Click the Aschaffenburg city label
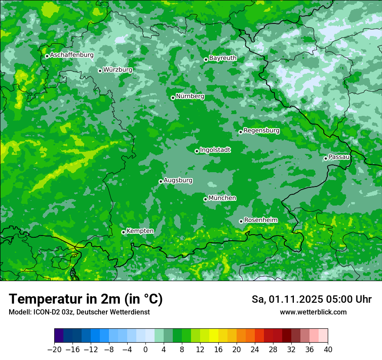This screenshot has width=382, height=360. [x=72, y=55]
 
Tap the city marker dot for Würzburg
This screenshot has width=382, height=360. [x=100, y=71]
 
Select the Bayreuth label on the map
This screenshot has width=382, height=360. [x=223, y=58]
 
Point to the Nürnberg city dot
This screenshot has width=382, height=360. [x=173, y=98]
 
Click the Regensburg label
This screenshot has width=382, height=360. [x=261, y=130]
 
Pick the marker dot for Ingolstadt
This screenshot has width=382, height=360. [x=197, y=151]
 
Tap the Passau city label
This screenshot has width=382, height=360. [x=339, y=157]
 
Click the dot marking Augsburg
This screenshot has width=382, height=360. [x=161, y=181]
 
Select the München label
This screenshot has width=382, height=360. [x=222, y=198]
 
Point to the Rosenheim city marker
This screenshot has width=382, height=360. [x=241, y=221]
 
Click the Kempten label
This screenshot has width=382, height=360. [x=140, y=231]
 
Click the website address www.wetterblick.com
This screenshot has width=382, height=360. [x=313, y=312]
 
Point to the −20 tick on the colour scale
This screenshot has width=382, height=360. [x=54, y=350]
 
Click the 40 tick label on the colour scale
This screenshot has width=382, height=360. [x=328, y=350]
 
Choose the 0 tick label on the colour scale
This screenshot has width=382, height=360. [x=145, y=350]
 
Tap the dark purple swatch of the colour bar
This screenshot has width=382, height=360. [x=59, y=335]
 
